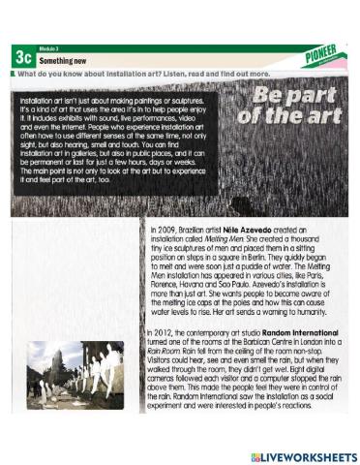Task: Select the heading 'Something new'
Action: click(67, 60)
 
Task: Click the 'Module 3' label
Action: click(50, 47)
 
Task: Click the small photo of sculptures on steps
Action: click(74, 378)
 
